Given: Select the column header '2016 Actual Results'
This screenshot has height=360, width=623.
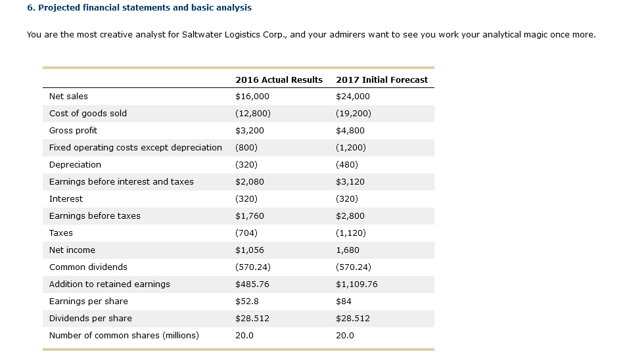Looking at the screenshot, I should tap(279, 79).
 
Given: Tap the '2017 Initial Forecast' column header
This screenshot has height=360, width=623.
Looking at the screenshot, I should tap(381, 79).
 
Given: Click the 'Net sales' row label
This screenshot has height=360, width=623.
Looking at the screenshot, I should tap(68, 97).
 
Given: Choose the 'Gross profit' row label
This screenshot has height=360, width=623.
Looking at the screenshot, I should tap(73, 131).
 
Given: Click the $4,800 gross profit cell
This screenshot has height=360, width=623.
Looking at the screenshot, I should tap(350, 131).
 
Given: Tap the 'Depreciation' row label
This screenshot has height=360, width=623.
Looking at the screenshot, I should tap(75, 165).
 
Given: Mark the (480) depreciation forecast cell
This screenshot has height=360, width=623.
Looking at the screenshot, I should tap(347, 165).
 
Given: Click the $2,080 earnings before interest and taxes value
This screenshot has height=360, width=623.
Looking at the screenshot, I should tap(250, 182).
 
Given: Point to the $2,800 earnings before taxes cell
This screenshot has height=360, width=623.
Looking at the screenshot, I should tap(350, 216).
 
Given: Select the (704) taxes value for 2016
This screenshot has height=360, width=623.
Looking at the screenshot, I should tap(246, 233).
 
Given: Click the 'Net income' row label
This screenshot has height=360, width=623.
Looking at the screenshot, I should tap(72, 250).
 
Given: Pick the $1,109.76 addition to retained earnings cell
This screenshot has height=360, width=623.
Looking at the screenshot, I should tap(357, 284).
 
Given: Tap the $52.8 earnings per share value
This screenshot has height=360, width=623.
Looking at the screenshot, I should tap(247, 302).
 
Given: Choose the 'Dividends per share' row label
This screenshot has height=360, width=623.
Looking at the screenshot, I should tap(91, 319).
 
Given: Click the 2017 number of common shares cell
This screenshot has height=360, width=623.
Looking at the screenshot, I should tap(345, 336).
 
